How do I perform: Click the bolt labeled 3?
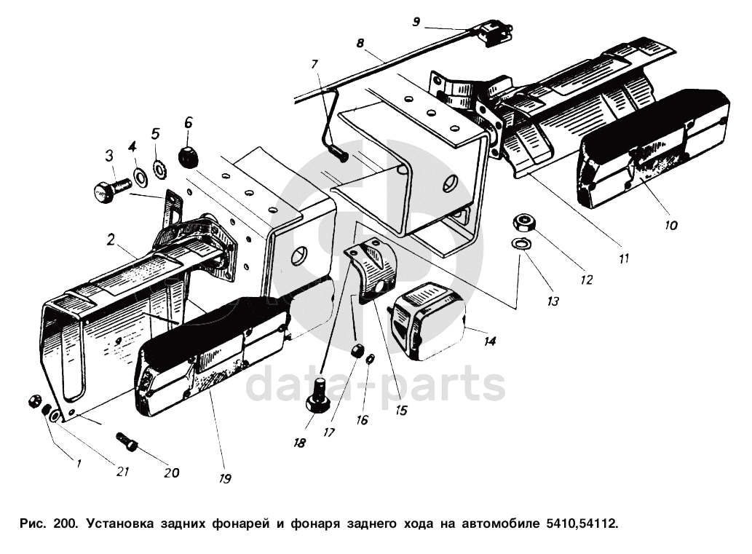coord(106,190)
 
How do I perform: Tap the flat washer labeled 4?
coord(138,175)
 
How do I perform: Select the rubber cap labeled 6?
coord(189,155)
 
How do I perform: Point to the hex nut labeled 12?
coord(524,221)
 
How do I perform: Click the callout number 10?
coord(670,225)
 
